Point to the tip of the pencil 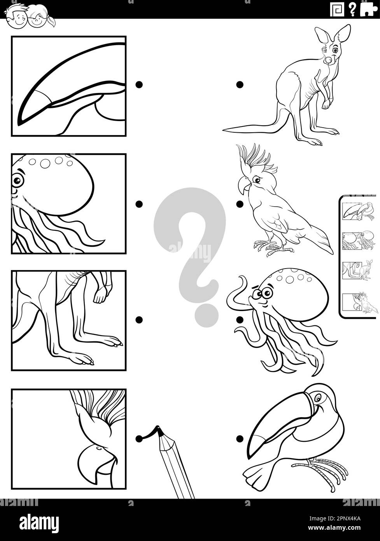[158, 429]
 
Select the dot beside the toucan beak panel [139, 84]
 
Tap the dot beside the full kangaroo [240, 84]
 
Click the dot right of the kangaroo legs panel [139, 320]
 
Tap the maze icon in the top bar [337, 9]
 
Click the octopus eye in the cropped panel [17, 180]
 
